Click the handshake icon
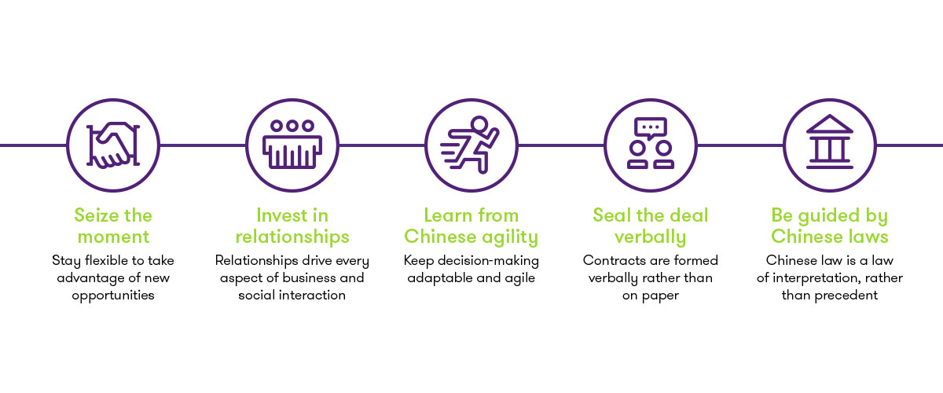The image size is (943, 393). (x=112, y=145)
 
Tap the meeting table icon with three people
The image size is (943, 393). (x=292, y=145)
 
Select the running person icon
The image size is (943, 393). (x=472, y=145)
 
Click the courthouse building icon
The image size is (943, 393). (x=830, y=145)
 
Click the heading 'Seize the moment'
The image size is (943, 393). (x=112, y=226)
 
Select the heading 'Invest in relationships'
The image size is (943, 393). (x=292, y=226)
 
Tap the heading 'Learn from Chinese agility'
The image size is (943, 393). (x=472, y=226)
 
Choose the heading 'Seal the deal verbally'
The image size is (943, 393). (x=651, y=226)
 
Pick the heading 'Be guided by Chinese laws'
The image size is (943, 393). (x=830, y=226)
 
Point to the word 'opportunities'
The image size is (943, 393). (x=112, y=296)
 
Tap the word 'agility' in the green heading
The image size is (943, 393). (x=511, y=237)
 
